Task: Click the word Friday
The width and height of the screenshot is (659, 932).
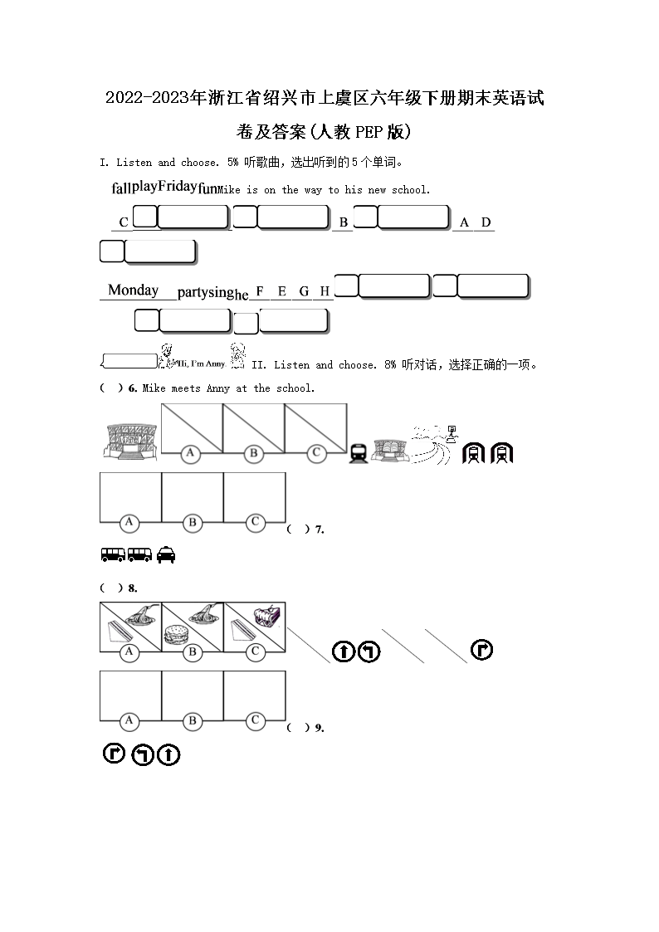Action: pyautogui.click(x=177, y=186)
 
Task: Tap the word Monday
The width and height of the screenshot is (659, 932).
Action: pyautogui.click(x=133, y=290)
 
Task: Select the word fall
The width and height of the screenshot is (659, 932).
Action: pyautogui.click(x=121, y=188)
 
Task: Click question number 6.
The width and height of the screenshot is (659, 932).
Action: pyautogui.click(x=133, y=388)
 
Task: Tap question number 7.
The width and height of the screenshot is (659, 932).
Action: pyautogui.click(x=319, y=529)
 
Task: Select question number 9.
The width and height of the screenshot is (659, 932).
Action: pyautogui.click(x=319, y=728)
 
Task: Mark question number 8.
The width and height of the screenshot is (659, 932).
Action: pyautogui.click(x=132, y=588)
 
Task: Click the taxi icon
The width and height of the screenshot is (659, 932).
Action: pyautogui.click(x=166, y=554)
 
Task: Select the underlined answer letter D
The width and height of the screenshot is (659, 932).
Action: pyautogui.click(x=486, y=222)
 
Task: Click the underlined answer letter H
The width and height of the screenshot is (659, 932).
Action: pyautogui.click(x=325, y=291)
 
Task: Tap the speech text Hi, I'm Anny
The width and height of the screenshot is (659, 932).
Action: pyautogui.click(x=203, y=364)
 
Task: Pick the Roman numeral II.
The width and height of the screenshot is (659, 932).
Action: pyautogui.click(x=257, y=364)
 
